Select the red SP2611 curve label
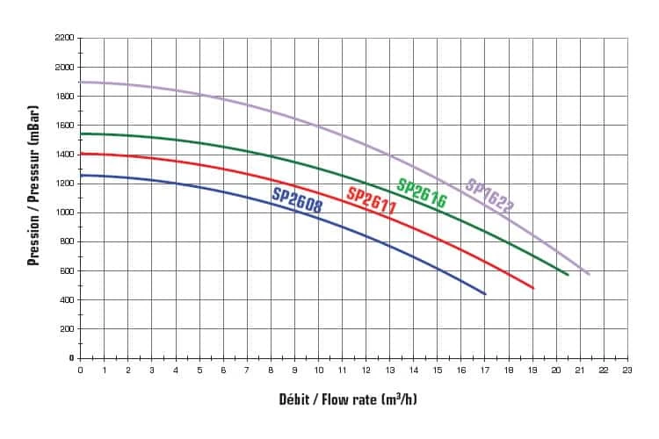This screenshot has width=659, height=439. point(372,201)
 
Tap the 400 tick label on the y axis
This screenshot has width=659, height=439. point(65,300)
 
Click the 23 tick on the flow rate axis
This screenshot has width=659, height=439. point(627,371)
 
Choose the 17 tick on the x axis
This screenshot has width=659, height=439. point(485,371)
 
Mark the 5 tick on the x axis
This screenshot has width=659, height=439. point(199,371)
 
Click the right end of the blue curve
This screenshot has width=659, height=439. point(486,294)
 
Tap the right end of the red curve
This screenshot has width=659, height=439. point(533,288)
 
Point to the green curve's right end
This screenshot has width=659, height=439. point(568,275)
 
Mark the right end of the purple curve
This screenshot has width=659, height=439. point(589,275)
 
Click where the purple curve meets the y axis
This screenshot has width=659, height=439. point(81,82)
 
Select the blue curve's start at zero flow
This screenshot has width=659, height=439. point(81,176)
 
